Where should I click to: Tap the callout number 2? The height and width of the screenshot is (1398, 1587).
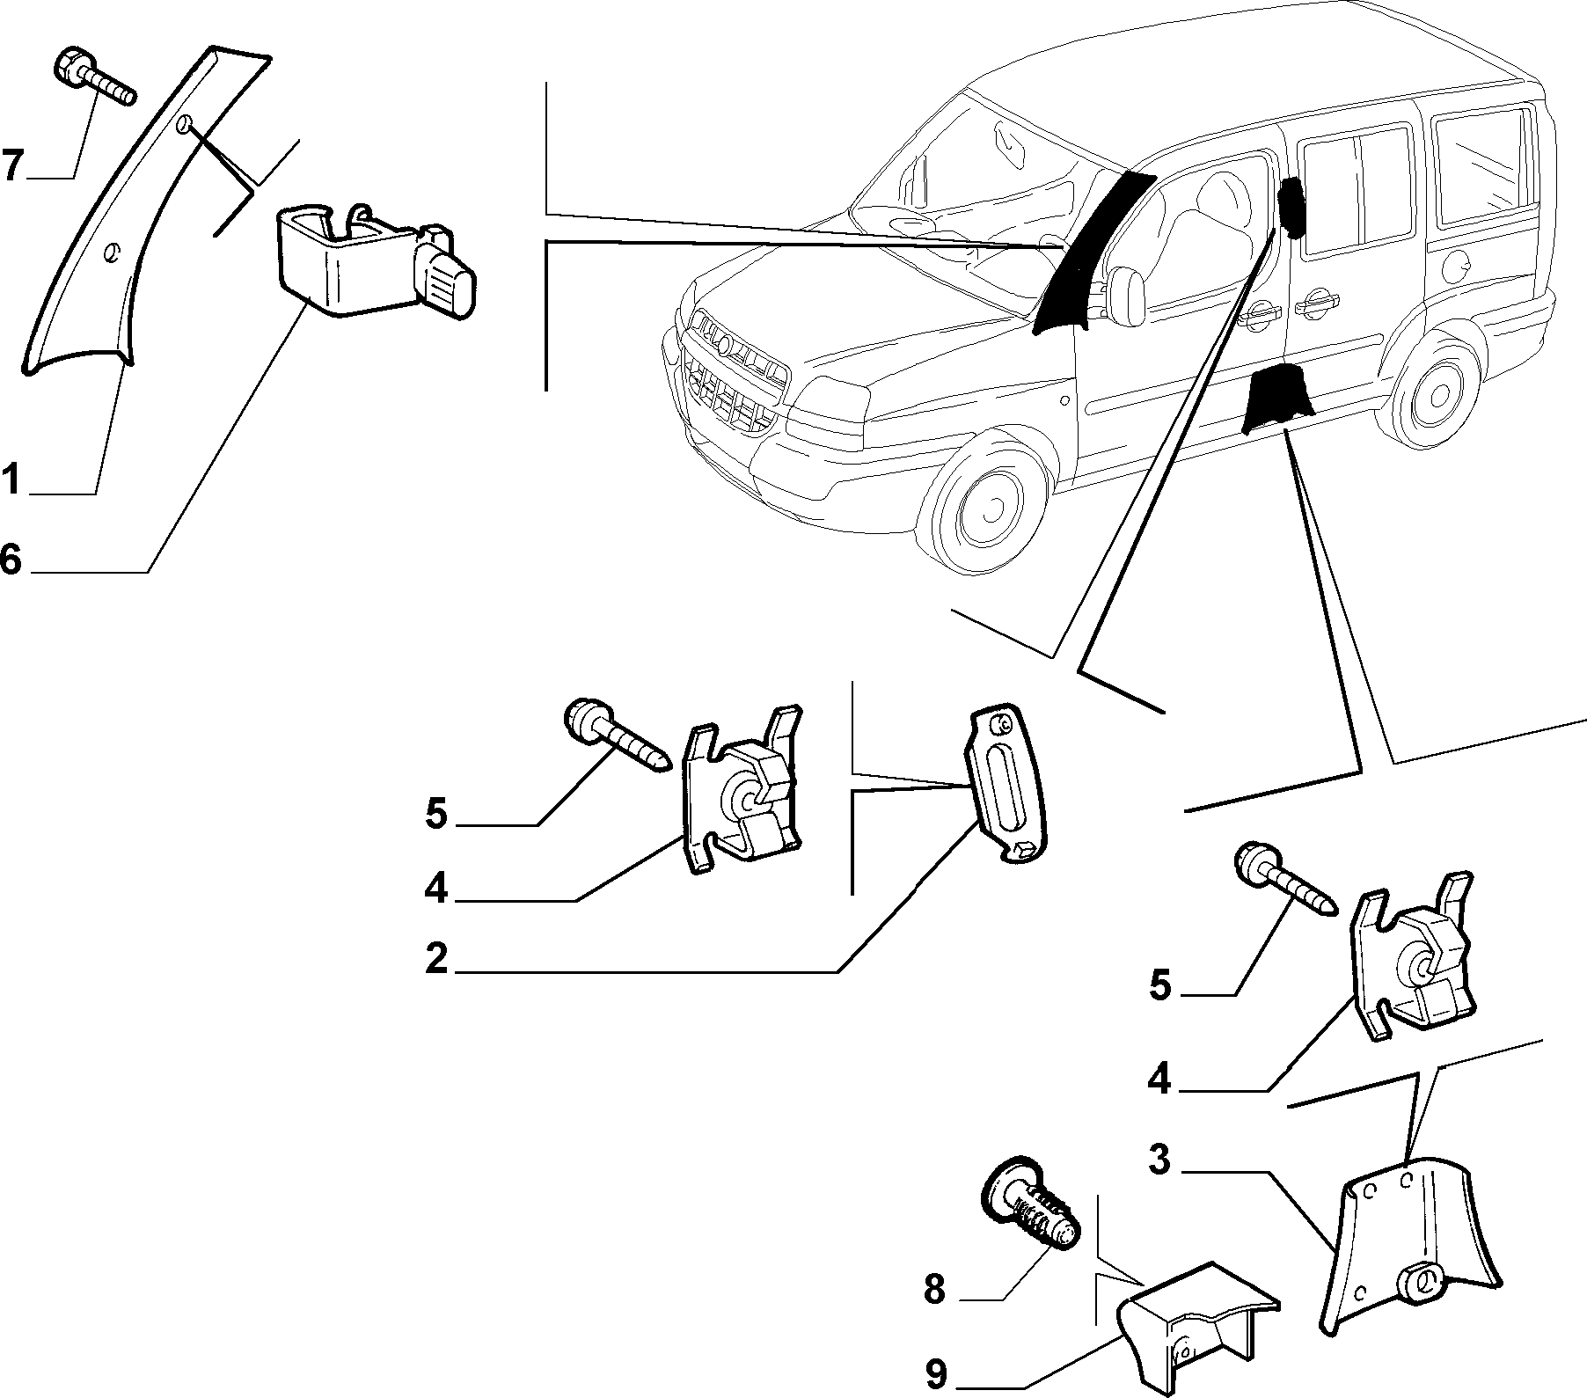[436, 958]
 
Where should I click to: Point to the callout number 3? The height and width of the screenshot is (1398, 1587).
[1161, 1160]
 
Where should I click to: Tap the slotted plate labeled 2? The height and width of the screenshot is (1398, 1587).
[1006, 785]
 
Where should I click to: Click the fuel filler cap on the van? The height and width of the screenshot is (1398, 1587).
[1455, 260]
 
